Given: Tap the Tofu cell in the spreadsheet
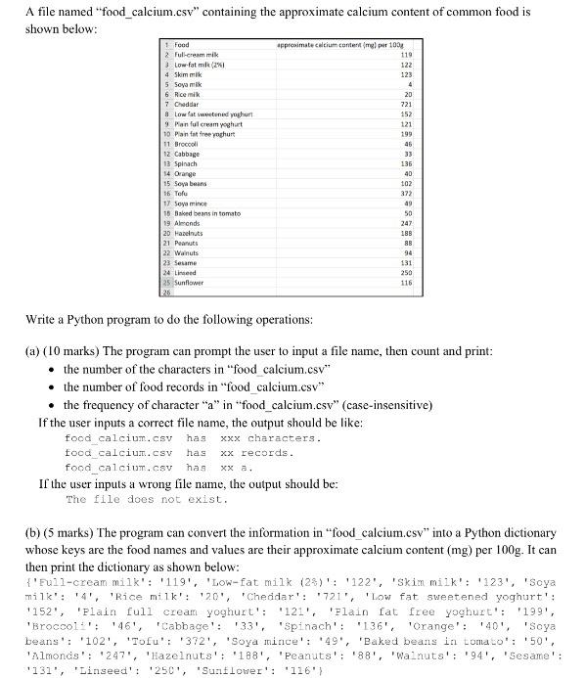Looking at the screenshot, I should [x=181, y=193].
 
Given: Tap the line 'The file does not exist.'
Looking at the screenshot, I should [x=147, y=499].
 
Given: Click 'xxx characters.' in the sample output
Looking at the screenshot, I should [x=271, y=438].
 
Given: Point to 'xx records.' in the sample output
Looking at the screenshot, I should [x=256, y=453].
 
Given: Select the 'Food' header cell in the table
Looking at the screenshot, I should [x=181, y=45].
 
